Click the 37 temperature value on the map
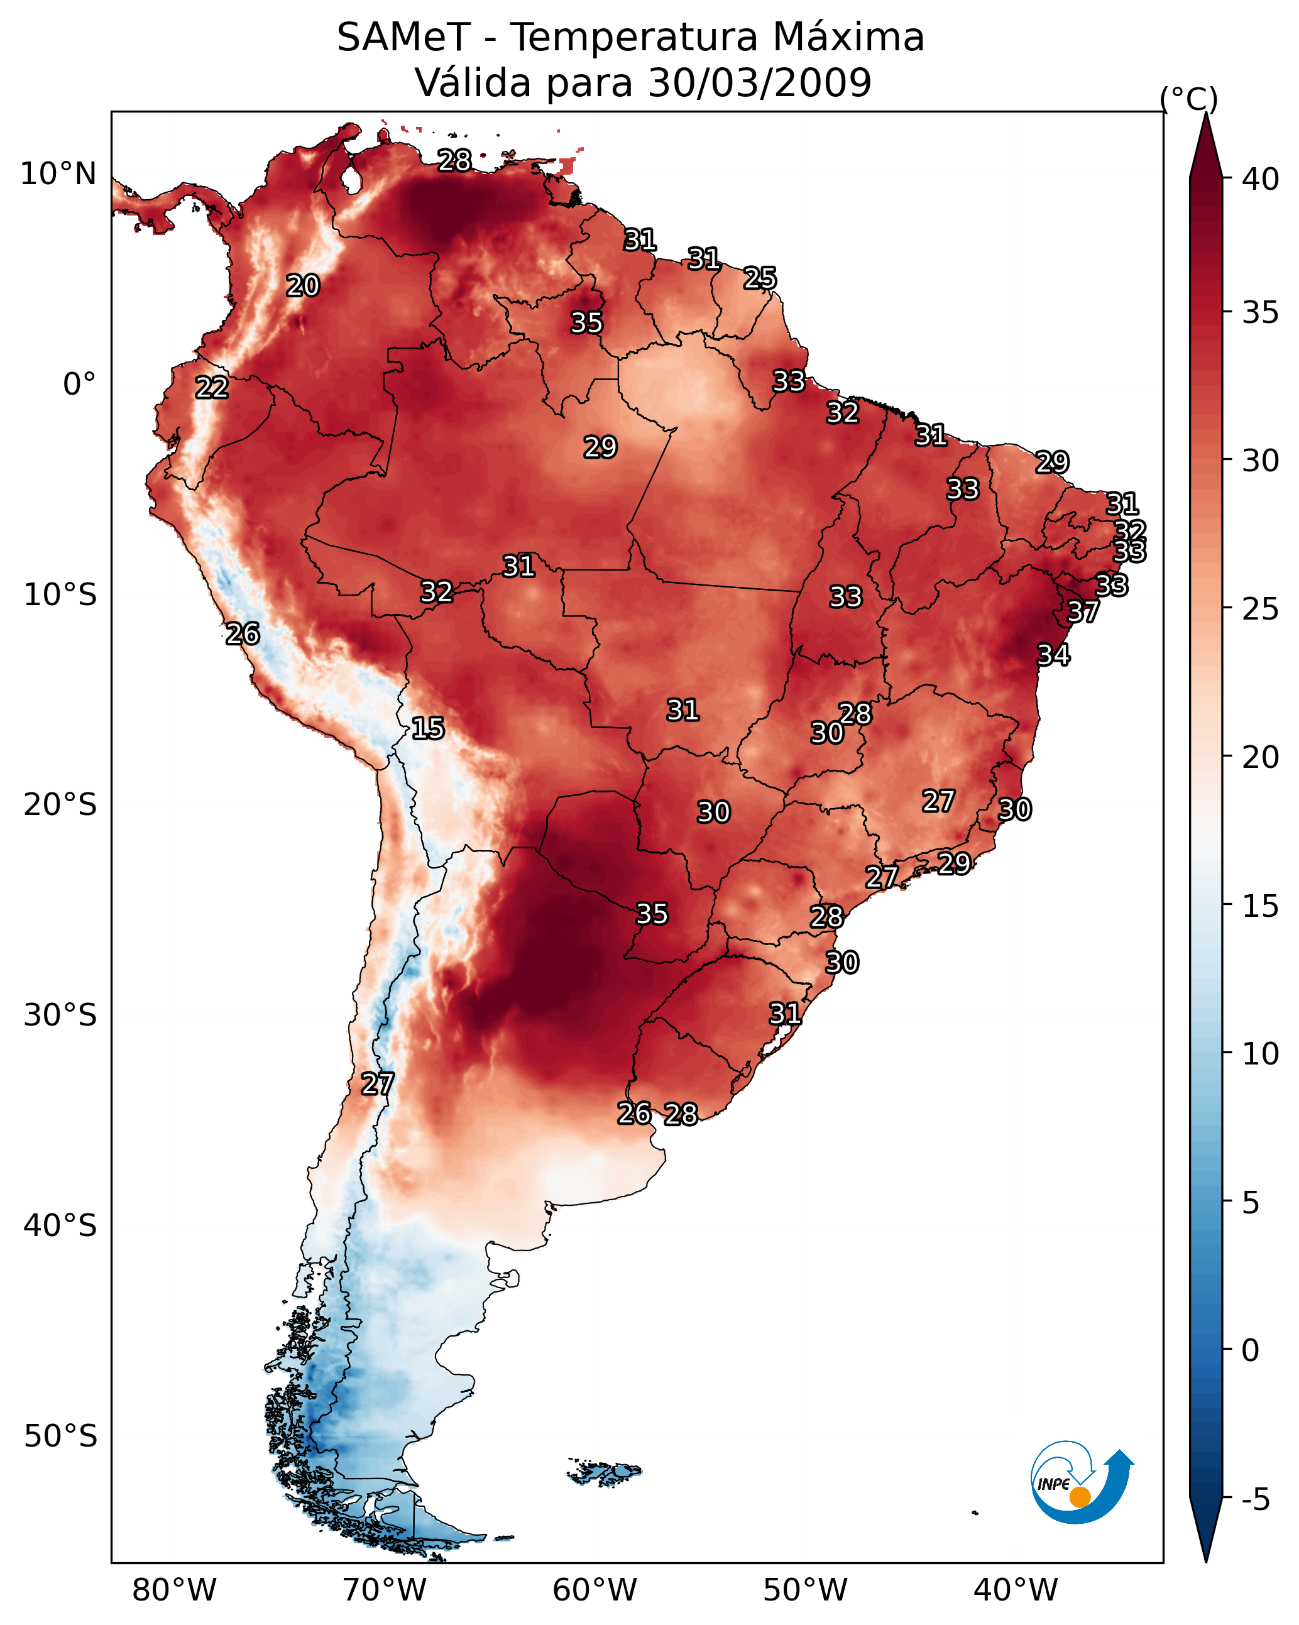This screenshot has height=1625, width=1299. [x=1083, y=612]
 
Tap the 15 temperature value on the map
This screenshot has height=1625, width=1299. [x=427, y=728]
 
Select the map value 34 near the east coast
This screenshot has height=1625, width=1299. [x=1053, y=655]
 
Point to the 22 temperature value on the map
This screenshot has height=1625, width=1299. [x=212, y=388]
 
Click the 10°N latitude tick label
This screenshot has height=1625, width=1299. [x=58, y=174]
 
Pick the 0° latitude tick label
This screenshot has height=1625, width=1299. [x=80, y=385]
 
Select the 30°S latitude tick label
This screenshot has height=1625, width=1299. [x=60, y=1015]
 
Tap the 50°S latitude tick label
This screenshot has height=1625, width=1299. [x=60, y=1436]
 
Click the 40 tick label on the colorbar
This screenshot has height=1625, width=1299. [x=1261, y=179]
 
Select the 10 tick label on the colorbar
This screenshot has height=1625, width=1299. [x=1261, y=1054]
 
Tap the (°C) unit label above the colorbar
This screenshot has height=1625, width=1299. [x=1189, y=99]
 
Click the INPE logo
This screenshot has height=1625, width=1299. [x=1082, y=1482]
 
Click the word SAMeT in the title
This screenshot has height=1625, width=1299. [x=404, y=38]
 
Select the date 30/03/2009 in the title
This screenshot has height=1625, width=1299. [x=760, y=83]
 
